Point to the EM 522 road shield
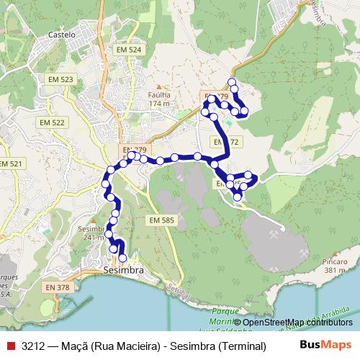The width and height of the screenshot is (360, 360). (53, 123)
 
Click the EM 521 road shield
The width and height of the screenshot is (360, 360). (10, 164)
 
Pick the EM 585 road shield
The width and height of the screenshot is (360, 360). (163, 219)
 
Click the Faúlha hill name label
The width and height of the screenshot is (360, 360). (158, 94)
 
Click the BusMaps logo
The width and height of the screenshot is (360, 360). (325, 345)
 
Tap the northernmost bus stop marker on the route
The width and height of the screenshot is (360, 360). (232, 82)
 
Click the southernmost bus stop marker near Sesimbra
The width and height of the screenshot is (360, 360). (122, 258)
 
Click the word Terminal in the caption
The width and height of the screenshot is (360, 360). (241, 346)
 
